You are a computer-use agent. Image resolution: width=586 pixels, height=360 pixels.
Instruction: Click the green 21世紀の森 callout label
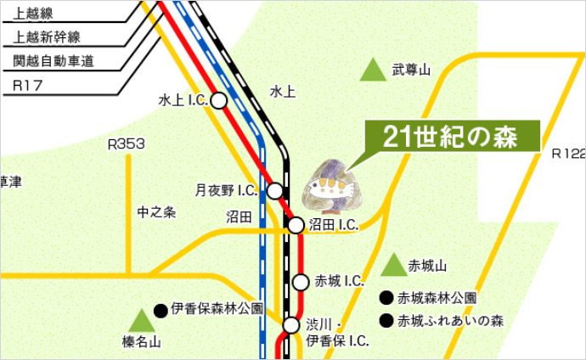tap(450, 138)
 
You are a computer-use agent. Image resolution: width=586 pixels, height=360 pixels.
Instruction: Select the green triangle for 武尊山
tap(372, 70)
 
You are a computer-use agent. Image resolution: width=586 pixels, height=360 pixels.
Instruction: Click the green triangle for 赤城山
tap(393, 266)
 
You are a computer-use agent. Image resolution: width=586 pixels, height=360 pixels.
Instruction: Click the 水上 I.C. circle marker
tap(218, 100)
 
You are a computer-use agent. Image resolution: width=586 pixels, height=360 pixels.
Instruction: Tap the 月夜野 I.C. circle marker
tap(275, 189)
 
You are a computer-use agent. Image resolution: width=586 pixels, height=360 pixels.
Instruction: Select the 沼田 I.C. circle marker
tap(296, 225)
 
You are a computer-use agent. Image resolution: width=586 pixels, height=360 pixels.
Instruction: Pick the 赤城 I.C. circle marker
tap(301, 282)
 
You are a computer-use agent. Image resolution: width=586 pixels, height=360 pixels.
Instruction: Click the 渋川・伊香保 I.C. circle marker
tap(291, 325)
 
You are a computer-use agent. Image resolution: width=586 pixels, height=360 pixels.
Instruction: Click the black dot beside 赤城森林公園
tap(386, 298)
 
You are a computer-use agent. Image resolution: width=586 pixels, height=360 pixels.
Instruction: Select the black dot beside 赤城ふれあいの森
tap(386, 321)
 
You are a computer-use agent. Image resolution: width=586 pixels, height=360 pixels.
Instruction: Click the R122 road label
tap(568, 154)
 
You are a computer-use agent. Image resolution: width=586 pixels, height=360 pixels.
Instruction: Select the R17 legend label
tap(29, 86)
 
